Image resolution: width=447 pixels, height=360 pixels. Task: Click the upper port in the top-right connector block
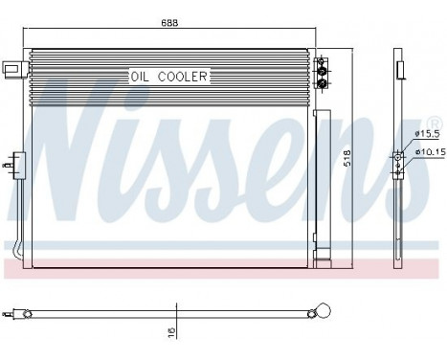[x=322, y=68]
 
